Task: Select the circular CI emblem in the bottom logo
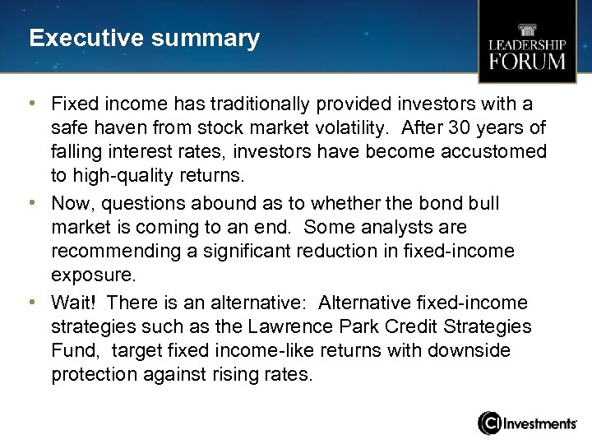click(490, 423)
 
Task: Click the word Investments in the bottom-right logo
click(540, 423)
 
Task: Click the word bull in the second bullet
click(482, 203)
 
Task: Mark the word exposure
click(91, 275)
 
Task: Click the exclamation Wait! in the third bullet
click(73, 303)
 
